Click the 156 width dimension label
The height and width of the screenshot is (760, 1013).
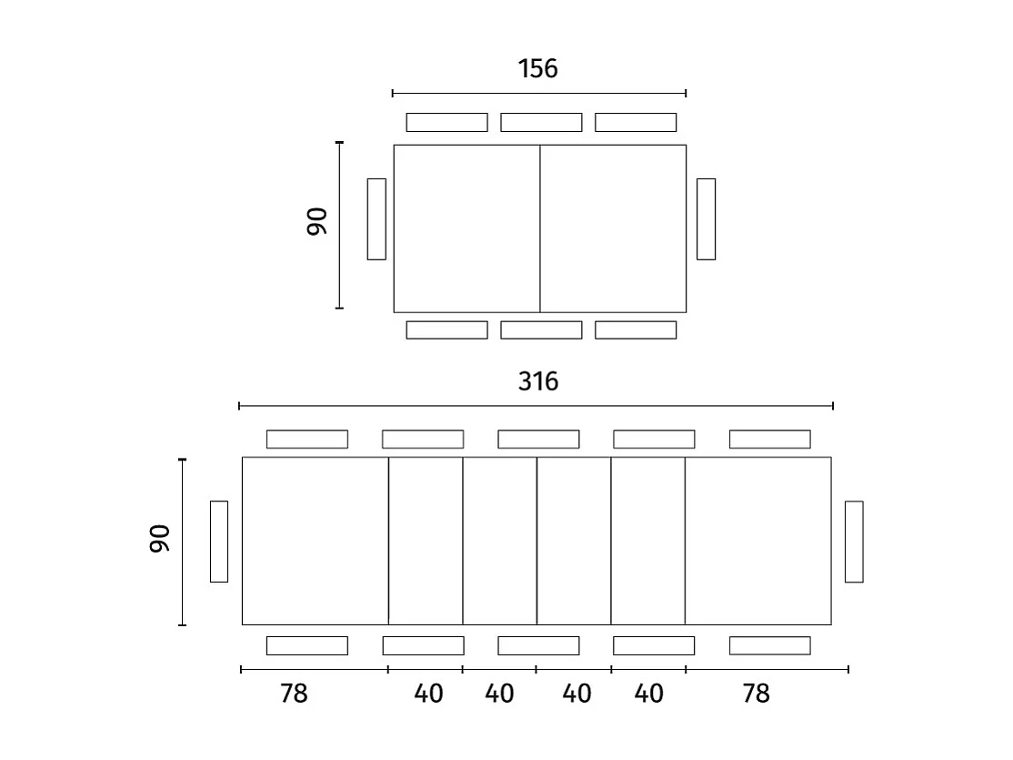[537, 69]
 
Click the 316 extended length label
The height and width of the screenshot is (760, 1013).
[537, 381]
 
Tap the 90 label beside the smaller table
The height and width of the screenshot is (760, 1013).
[316, 222]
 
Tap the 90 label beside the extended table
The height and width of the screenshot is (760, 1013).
[160, 539]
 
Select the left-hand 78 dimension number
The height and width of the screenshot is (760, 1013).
[294, 694]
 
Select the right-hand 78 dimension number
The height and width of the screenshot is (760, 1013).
[756, 694]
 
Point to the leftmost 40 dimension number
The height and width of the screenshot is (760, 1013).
[428, 694]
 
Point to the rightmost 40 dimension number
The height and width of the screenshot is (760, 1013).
[648, 694]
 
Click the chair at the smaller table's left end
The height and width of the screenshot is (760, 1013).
[376, 219]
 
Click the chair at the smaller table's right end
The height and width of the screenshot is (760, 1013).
[706, 219]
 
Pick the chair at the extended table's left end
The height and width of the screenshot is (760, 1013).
[219, 542]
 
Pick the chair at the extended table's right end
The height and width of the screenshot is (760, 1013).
[854, 542]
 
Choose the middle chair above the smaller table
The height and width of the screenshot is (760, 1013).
[541, 122]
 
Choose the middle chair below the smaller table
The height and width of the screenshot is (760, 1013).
[541, 329]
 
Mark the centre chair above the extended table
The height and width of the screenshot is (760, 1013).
[538, 440]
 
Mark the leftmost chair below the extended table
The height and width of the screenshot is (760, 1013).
[307, 645]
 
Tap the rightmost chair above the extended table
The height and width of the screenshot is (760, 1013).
[769, 440]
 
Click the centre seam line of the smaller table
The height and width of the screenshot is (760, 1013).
[540, 228]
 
